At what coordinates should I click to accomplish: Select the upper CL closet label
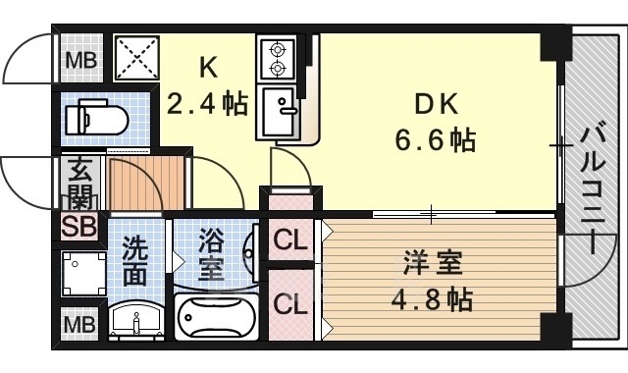pos(288,239)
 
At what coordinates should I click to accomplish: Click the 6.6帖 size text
pos(436,140)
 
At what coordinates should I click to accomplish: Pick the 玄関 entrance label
pos(78,182)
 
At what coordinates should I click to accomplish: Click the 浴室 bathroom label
pos(211,254)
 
